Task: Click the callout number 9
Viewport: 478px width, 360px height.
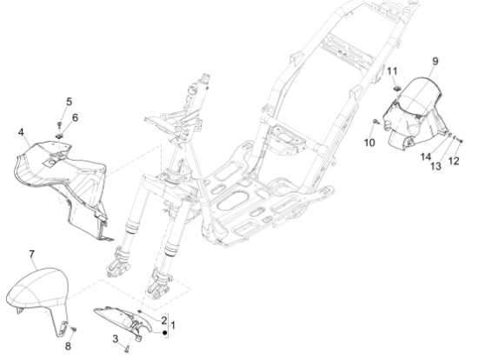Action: pos(435,62)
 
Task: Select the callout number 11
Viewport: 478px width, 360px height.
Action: pos(392,71)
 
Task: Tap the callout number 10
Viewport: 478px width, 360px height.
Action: pos(369,143)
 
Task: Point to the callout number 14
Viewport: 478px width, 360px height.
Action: pos(426,157)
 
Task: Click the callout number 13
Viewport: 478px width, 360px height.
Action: pos(435,166)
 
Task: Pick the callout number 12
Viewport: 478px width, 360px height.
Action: pos(454,161)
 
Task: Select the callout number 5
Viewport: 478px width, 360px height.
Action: pos(70,102)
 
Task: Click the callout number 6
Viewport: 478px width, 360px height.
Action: pos(75,117)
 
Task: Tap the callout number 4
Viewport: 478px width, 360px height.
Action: pos(21,132)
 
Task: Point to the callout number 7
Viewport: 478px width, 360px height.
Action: pos(31,254)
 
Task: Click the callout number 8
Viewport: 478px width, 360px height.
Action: pos(68,346)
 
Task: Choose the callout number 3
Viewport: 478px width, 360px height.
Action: pos(116,338)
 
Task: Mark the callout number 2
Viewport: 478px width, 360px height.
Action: pos(164,320)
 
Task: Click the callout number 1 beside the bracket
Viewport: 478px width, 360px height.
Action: pos(173,325)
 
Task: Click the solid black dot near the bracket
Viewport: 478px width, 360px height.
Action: pos(165,332)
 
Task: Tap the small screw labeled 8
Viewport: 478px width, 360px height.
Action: pos(74,330)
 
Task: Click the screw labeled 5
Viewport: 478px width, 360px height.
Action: pos(59,124)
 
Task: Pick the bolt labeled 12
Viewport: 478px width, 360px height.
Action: pos(461,141)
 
